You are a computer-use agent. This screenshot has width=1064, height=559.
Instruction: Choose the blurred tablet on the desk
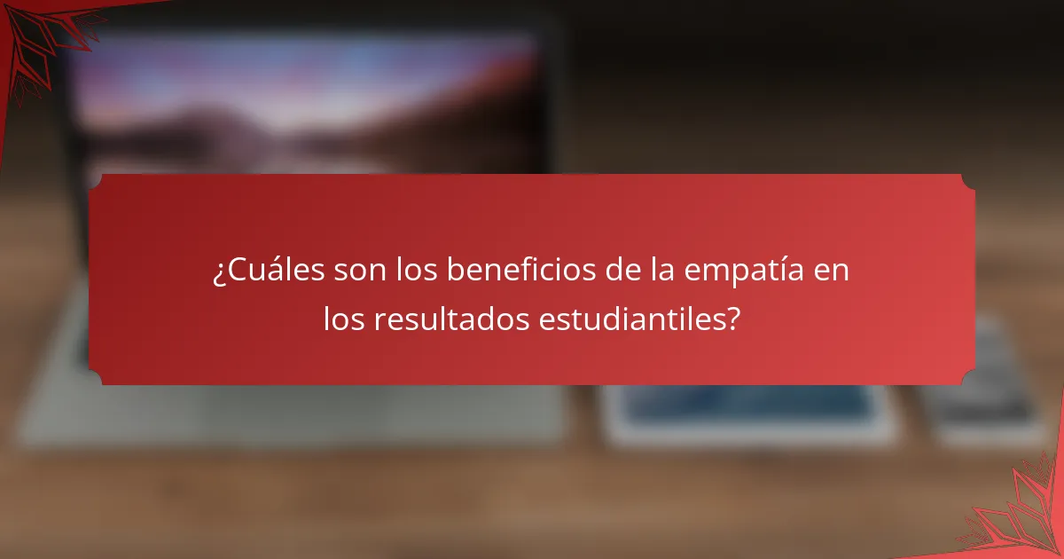[x=749, y=413]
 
